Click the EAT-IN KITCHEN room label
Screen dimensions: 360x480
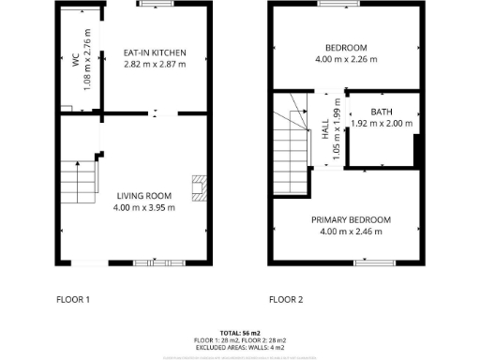(155, 52)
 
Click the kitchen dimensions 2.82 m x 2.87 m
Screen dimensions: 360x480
(155, 64)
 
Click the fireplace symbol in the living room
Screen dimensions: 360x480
(197, 187)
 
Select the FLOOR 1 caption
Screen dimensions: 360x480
(73, 300)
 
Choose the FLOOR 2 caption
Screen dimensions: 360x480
(286, 300)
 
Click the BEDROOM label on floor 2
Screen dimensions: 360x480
(346, 48)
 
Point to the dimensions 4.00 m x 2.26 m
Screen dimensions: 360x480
(346, 59)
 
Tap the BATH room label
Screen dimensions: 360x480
(381, 112)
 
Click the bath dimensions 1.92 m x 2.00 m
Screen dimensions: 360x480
(381, 123)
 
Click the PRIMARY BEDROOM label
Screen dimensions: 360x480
(351, 219)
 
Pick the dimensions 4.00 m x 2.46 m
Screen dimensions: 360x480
(351, 231)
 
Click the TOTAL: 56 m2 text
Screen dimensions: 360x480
(240, 333)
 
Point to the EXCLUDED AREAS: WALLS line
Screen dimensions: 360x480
(240, 347)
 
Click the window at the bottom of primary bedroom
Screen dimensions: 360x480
(367, 262)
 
